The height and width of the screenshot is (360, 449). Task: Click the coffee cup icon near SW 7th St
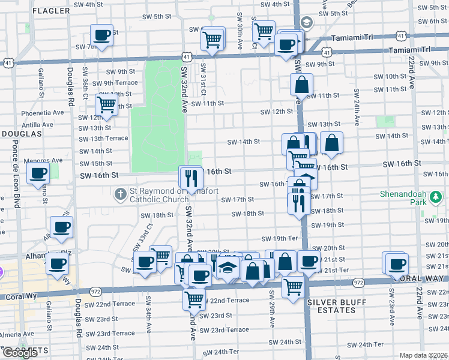click(102, 35)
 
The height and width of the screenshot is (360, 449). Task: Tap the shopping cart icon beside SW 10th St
click(107, 104)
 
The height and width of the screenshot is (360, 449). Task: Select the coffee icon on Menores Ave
click(39, 174)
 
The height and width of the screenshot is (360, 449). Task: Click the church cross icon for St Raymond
click(120, 194)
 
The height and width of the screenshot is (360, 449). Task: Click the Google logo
click(20, 353)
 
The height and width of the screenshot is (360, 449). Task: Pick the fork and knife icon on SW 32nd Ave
click(190, 178)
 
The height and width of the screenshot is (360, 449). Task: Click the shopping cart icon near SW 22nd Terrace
click(194, 298)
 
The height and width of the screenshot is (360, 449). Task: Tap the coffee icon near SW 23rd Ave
click(396, 263)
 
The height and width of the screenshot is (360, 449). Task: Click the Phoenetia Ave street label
click(43, 112)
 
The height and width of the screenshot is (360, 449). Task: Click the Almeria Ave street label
click(17, 334)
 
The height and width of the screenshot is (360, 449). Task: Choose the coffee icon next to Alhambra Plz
click(58, 263)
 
